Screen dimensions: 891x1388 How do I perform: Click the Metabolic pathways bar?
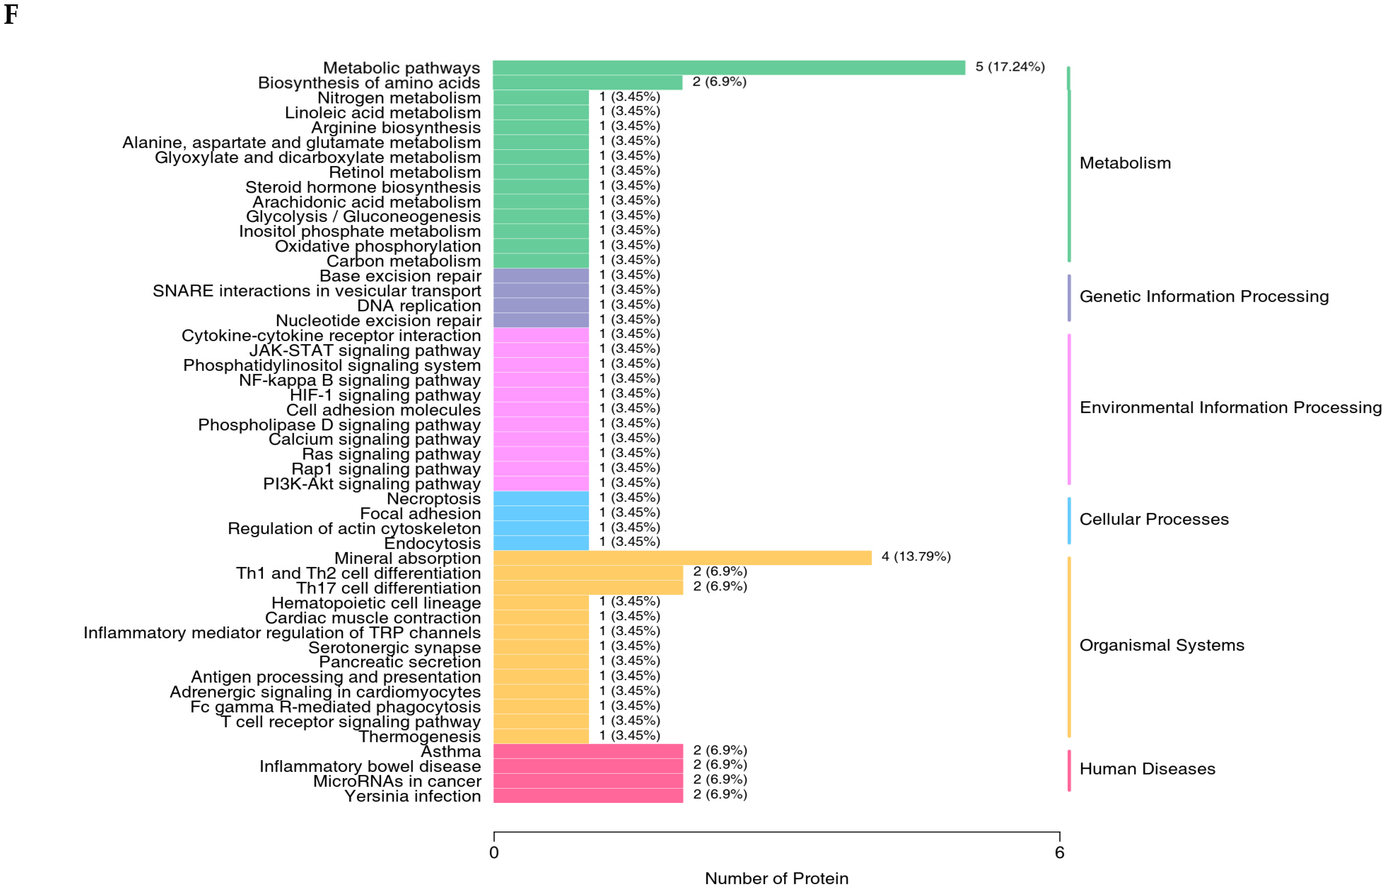pyautogui.click(x=729, y=68)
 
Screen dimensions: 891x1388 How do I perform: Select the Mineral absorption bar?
pyautogui.click(x=682, y=558)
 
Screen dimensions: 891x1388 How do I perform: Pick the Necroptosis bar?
pyautogui.click(x=541, y=498)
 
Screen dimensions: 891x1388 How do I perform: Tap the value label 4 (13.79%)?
pyautogui.click(x=916, y=557)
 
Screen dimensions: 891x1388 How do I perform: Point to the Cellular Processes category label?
pyautogui.click(x=1154, y=519)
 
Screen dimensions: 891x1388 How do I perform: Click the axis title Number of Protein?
pyautogui.click(x=776, y=878)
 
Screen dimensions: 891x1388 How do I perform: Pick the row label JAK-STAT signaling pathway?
pyautogui.click(x=365, y=351)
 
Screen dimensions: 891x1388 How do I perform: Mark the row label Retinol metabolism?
pyautogui.click(x=404, y=172)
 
